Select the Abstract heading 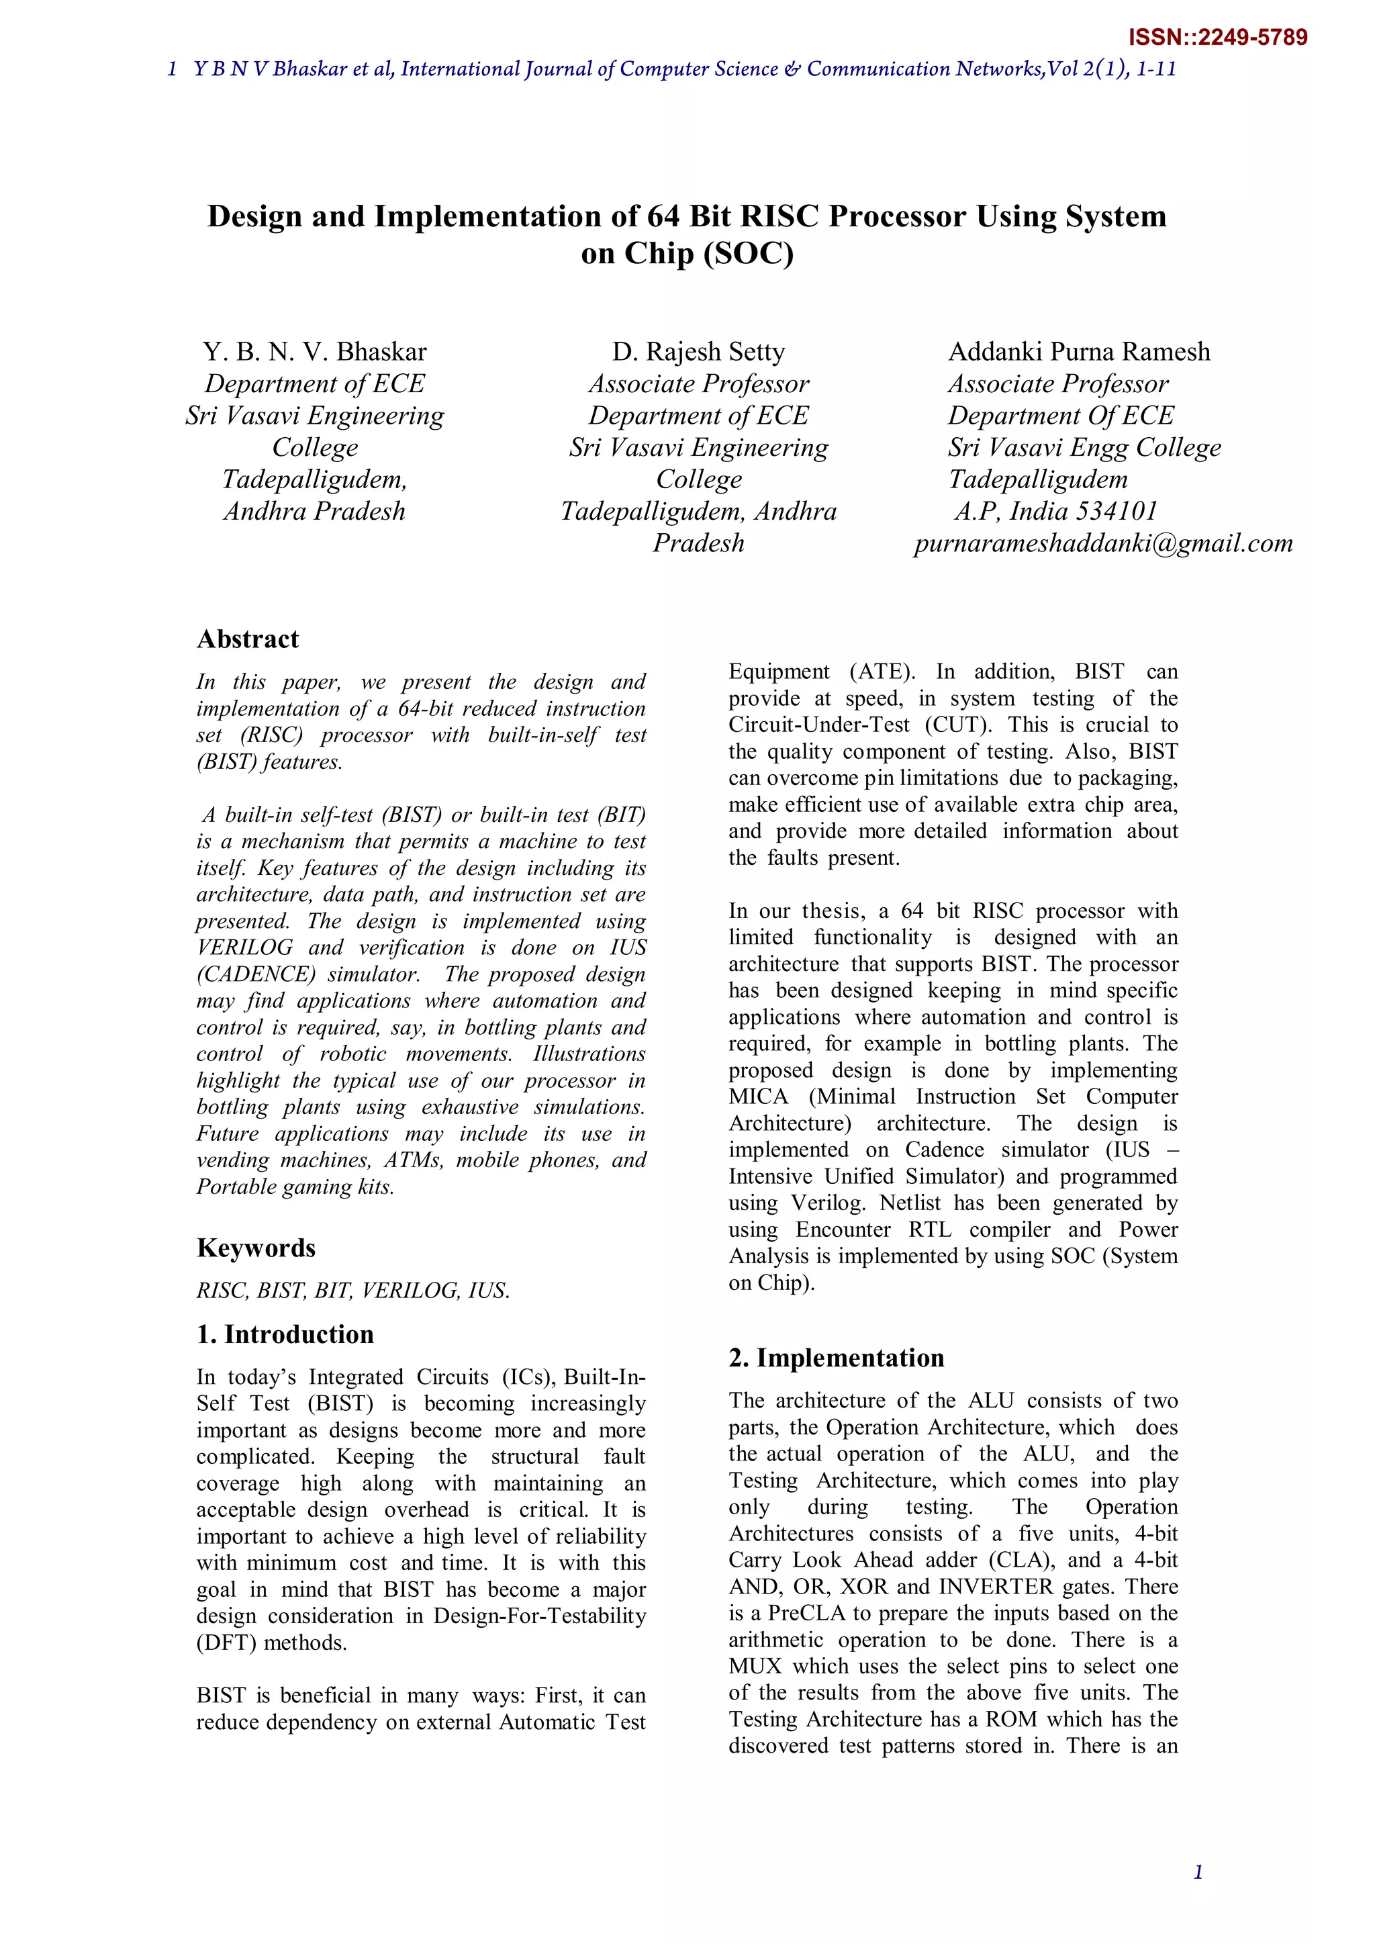[x=247, y=639]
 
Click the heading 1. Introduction [x=285, y=1334]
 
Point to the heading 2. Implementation [x=836, y=1357]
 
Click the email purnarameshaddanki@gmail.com [x=1103, y=543]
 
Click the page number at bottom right [x=1198, y=1872]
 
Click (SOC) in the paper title [x=749, y=253]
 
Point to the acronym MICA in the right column [x=759, y=1097]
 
